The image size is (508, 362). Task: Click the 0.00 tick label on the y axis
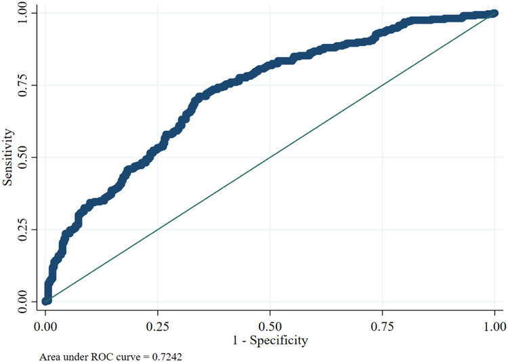coord(25,301)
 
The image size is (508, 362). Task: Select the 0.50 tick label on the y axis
coord(25,157)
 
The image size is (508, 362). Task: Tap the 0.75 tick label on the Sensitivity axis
coord(25,85)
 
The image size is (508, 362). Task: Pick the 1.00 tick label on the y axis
coord(25,13)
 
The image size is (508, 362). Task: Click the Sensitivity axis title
coord(8,157)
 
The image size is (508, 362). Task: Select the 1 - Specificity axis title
coord(270,337)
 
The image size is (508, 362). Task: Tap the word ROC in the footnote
coord(92,354)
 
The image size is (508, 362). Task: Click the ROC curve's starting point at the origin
coord(46,300)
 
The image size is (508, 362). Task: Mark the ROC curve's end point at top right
coord(494,14)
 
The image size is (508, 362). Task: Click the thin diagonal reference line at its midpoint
coord(270,157)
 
